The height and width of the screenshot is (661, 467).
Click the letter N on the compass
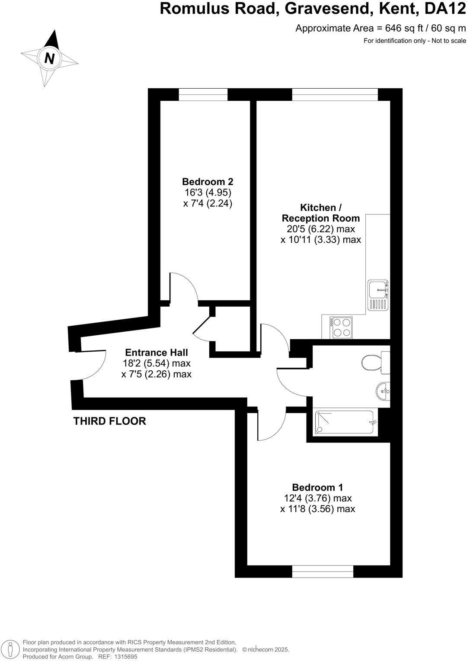(x=50, y=58)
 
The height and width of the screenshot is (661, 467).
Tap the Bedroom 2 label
(x=208, y=182)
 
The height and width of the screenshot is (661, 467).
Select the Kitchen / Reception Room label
(x=320, y=213)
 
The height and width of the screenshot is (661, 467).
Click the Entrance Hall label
(x=157, y=353)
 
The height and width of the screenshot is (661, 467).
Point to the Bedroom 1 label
(x=317, y=488)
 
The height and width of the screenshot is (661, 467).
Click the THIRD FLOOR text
(x=110, y=421)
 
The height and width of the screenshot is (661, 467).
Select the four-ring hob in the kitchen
(x=342, y=327)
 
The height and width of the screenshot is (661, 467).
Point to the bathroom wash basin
(x=383, y=391)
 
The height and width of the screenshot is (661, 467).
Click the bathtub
(x=344, y=422)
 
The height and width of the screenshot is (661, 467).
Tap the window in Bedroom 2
(x=203, y=94)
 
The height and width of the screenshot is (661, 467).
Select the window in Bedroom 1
(x=323, y=571)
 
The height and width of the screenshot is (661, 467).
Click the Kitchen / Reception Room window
(x=335, y=94)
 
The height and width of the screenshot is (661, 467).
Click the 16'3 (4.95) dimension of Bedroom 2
(x=208, y=193)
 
